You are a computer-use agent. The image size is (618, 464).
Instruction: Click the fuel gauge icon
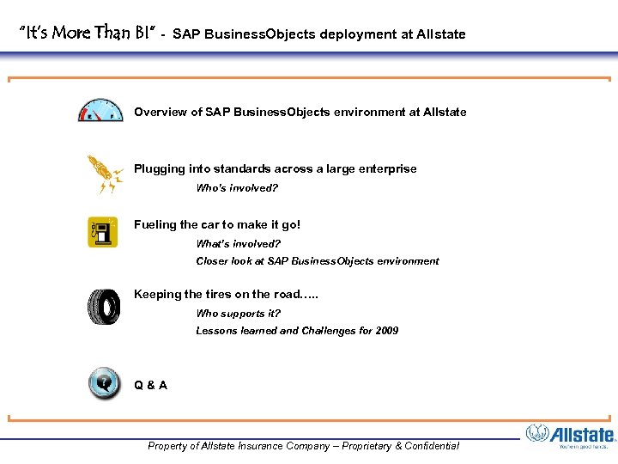[x=100, y=111]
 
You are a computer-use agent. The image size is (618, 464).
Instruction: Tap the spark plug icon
[x=104, y=174]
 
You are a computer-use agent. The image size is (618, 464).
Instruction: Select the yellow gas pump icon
[x=102, y=233]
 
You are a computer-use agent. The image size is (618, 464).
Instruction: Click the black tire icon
[x=103, y=307]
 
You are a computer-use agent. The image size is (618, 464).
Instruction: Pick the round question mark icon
[x=104, y=383]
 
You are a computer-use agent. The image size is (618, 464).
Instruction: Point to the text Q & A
[x=150, y=385]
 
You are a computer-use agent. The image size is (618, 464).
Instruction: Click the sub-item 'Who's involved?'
[x=237, y=188]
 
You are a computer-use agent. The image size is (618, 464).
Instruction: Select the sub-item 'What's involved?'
[x=238, y=244]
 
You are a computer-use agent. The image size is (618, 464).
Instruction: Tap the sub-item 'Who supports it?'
[x=238, y=314]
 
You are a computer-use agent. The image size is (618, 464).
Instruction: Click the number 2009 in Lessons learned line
[x=386, y=331]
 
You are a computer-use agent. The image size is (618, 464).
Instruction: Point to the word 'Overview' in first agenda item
[x=160, y=113]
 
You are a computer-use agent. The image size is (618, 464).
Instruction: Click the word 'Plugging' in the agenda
[x=159, y=169]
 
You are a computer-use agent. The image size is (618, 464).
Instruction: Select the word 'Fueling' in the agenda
[x=155, y=225]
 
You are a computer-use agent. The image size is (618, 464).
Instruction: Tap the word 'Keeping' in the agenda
[x=157, y=295]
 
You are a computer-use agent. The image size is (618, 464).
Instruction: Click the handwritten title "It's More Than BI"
[x=87, y=34]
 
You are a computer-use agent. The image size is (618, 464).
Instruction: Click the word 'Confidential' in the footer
[x=427, y=446]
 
